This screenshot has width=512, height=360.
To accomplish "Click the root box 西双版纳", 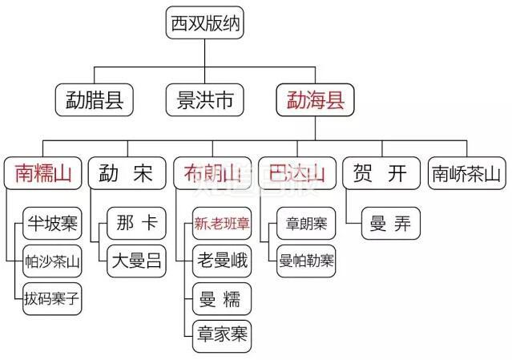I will click(204, 23).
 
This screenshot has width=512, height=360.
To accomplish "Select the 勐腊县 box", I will click(95, 99).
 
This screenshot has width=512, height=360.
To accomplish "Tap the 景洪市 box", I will click(204, 99).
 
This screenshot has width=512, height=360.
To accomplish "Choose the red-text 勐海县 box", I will click(315, 99).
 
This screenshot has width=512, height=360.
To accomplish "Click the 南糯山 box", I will click(44, 172).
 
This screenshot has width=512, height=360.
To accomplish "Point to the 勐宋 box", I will click(126, 172).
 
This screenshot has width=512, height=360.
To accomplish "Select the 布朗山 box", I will click(212, 172).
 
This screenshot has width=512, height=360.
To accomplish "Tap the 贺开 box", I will click(380, 172).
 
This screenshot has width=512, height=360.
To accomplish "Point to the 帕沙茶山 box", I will click(53, 261).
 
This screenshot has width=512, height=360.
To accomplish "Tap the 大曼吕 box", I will click(136, 261).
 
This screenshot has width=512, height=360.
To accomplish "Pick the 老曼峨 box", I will click(222, 261).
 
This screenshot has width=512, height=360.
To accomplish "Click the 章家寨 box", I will click(222, 336).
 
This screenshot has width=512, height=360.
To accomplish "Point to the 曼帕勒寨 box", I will click(306, 261).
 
